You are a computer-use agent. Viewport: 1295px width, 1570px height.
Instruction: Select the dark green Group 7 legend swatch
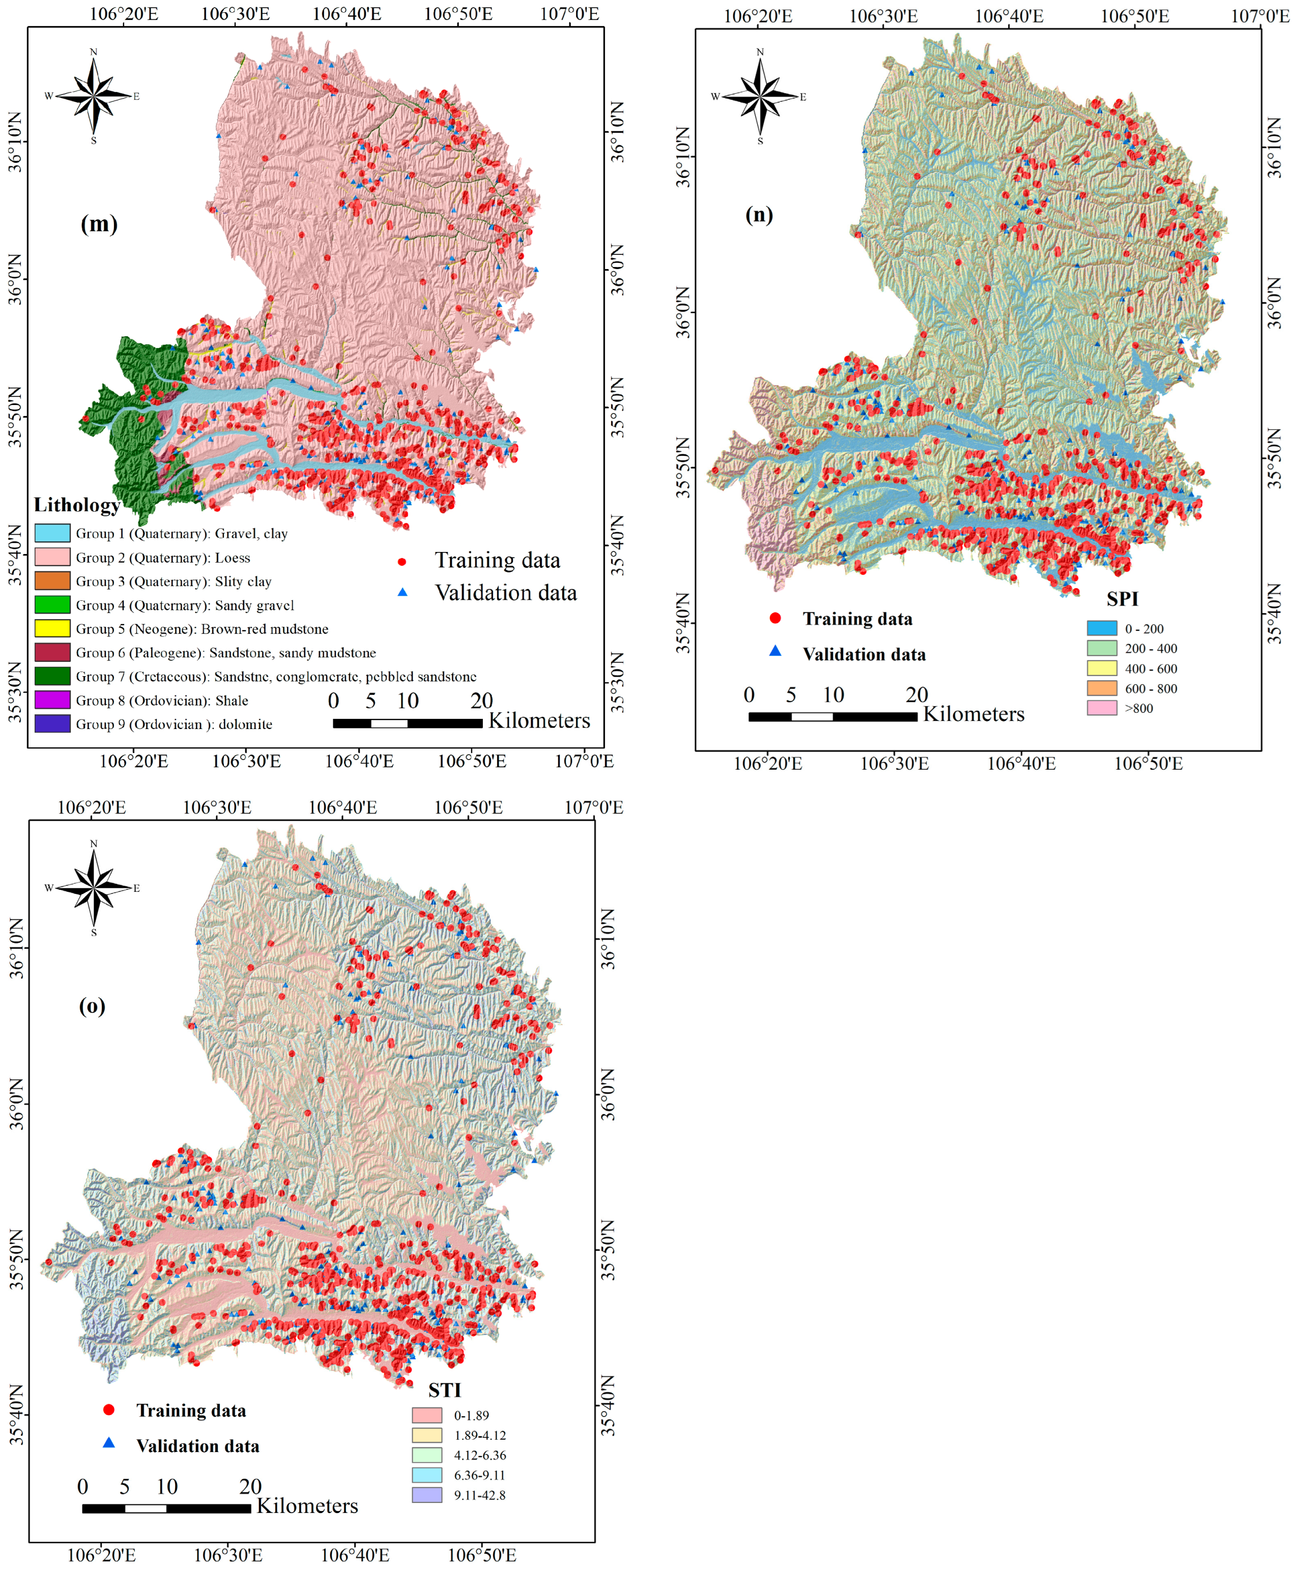click(x=52, y=676)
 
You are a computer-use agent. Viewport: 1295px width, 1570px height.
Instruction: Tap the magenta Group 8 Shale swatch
click(x=52, y=700)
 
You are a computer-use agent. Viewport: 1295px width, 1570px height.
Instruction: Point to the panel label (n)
click(x=759, y=214)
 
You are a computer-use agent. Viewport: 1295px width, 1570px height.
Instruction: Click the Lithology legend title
click(x=77, y=505)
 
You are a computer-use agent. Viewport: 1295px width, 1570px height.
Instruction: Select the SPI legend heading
click(x=1122, y=599)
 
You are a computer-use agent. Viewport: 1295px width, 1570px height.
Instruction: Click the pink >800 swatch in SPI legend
click(x=1101, y=708)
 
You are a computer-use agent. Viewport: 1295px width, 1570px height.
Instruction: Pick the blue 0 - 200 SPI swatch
click(x=1101, y=628)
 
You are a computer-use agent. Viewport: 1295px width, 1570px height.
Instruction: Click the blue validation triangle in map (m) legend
click(x=402, y=592)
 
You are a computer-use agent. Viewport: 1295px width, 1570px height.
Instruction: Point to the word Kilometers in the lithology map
click(x=538, y=720)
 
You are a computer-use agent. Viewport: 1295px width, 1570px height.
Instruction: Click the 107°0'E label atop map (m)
click(x=569, y=13)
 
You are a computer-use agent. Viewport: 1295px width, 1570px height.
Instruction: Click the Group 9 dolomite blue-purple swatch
click(x=52, y=723)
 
